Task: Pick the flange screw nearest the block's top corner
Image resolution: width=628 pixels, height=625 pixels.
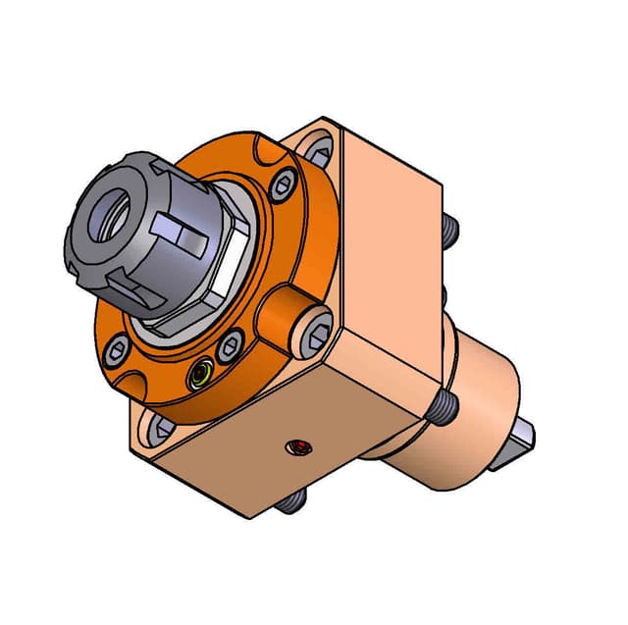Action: tap(284, 183)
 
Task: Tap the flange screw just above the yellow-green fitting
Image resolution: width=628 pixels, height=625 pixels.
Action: tap(233, 343)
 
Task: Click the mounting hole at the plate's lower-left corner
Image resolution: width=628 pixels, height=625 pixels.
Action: tap(160, 427)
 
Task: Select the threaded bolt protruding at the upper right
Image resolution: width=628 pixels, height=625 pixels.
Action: tap(450, 231)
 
